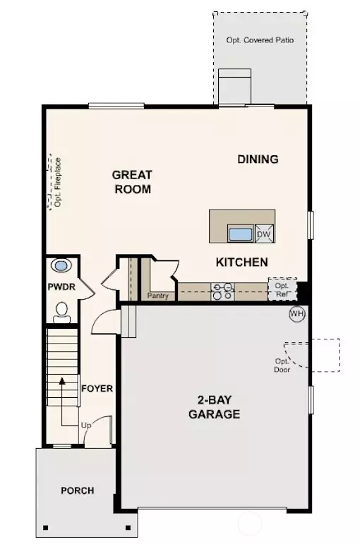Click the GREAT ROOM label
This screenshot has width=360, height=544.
pyautogui.click(x=132, y=181)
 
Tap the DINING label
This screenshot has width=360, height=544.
pyautogui.click(x=258, y=159)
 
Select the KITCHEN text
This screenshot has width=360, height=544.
pyautogui.click(x=241, y=262)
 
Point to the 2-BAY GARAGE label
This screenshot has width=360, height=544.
pyautogui.click(x=214, y=408)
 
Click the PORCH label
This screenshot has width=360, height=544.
pyautogui.click(x=77, y=490)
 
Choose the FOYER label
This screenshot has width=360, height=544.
pyautogui.click(x=97, y=388)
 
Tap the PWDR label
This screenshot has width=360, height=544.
pyautogui.click(x=61, y=288)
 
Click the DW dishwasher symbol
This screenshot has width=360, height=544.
pyautogui.click(x=264, y=234)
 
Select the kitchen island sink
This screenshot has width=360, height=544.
pyautogui.click(x=240, y=234)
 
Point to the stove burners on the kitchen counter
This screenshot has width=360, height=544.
pyautogui.click(x=224, y=291)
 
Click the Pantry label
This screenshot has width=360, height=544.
pyautogui.click(x=158, y=296)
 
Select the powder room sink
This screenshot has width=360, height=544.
pyautogui.click(x=62, y=267)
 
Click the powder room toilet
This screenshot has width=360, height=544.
pyautogui.click(x=62, y=310)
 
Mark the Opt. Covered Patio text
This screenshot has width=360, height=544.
pyautogui.click(x=260, y=40)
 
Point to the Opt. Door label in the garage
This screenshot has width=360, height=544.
pyautogui.click(x=282, y=365)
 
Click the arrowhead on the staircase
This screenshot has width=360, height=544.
pyautogui.click(x=62, y=381)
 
